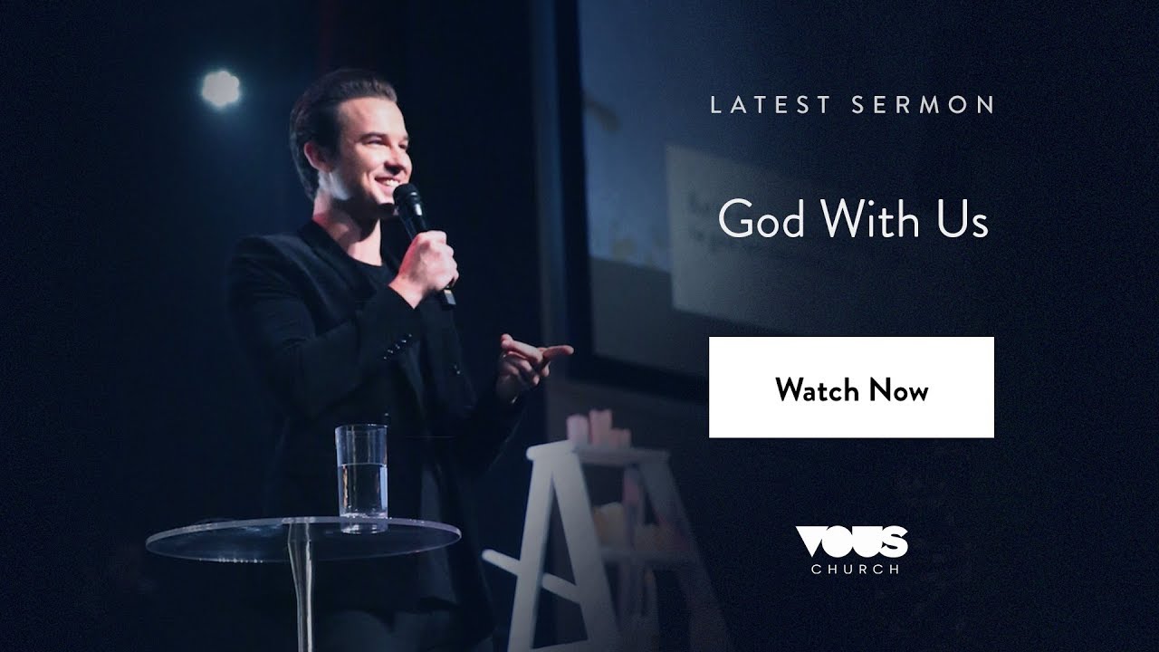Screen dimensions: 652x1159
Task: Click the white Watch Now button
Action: point(851,387)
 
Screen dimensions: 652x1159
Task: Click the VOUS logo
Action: point(850,541)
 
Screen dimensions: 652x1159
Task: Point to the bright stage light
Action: point(221,88)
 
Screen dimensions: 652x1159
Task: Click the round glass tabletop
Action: point(299,538)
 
